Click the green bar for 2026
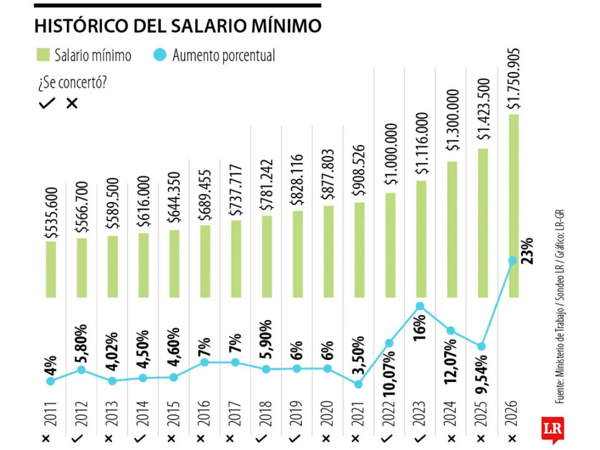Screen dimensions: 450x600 pyautogui.click(x=514, y=206)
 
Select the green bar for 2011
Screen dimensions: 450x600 pyautogui.click(x=51, y=269)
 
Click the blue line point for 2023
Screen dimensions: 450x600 pyautogui.click(x=421, y=306)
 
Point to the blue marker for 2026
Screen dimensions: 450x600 pyautogui.click(x=513, y=261)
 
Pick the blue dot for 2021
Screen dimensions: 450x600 pyautogui.click(x=359, y=384)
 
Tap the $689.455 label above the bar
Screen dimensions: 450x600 pyautogui.click(x=206, y=194)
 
